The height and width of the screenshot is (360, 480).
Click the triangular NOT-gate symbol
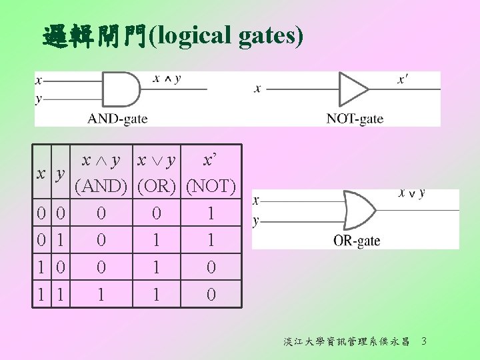(353, 89)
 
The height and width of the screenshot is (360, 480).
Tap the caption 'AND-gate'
(117, 119)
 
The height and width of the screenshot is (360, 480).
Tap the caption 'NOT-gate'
(355, 119)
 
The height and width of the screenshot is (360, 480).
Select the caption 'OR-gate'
(357, 241)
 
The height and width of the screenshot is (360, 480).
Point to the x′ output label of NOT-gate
(403, 79)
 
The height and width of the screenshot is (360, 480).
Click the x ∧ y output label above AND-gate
(167, 79)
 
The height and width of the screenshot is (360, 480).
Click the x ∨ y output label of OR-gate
(411, 193)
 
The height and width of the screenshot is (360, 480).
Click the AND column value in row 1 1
(101, 294)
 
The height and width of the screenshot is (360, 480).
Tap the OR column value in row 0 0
(156, 214)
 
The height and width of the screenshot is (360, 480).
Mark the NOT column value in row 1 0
(211, 267)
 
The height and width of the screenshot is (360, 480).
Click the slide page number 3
(424, 342)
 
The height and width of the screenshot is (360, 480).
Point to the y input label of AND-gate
(38, 98)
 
